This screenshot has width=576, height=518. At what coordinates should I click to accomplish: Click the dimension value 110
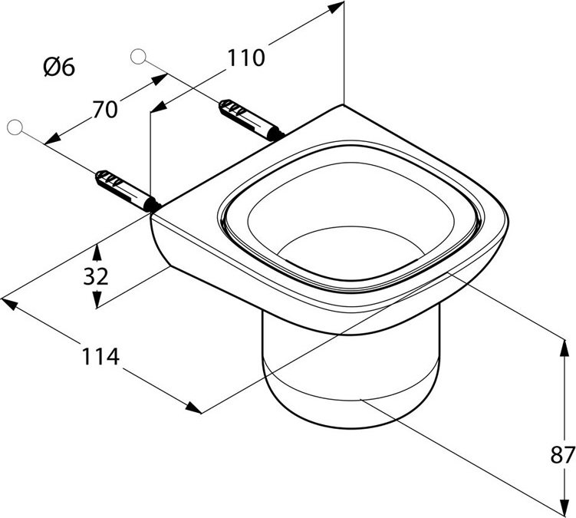245,57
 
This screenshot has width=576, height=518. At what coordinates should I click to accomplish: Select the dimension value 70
105,110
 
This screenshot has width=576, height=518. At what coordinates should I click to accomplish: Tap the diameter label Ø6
59,68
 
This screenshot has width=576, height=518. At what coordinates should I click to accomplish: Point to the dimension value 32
96,276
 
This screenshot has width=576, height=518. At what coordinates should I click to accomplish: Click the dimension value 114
101,356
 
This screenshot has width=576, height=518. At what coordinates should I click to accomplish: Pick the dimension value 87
562,454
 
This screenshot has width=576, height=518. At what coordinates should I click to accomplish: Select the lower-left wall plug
123,189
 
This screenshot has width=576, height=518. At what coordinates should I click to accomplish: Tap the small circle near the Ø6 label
138,55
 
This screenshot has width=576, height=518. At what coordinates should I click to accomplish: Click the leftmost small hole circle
13,127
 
